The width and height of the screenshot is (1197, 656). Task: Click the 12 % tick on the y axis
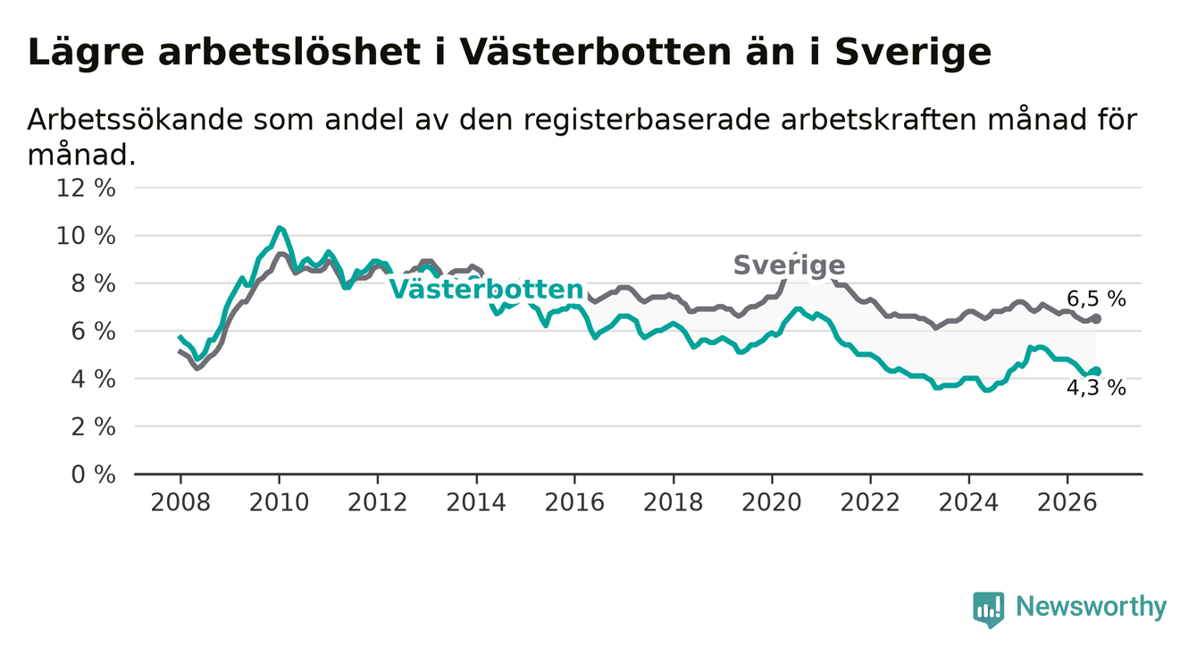click(86, 189)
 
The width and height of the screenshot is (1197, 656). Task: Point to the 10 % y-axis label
click(86, 236)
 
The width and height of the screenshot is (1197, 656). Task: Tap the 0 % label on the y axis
click(93, 475)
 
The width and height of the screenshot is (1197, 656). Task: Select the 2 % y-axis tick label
click(93, 426)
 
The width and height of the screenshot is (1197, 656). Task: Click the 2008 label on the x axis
click(180, 503)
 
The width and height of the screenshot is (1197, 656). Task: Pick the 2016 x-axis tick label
click(574, 503)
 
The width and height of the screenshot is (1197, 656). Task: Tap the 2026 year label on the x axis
click(1067, 503)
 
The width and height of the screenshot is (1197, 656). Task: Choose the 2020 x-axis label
click(772, 503)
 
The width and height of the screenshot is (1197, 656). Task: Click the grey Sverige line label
click(790, 265)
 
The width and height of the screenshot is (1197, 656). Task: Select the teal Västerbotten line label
click(486, 290)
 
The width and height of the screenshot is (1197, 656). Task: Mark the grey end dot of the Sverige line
click(1096, 319)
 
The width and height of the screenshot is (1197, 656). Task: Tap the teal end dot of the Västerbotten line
click(1096, 371)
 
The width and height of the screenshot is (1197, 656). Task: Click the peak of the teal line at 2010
click(279, 228)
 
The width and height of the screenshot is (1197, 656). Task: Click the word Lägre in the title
click(86, 54)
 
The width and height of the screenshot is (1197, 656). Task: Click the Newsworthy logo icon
click(989, 610)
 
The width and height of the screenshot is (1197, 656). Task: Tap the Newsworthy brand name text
click(1092, 607)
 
